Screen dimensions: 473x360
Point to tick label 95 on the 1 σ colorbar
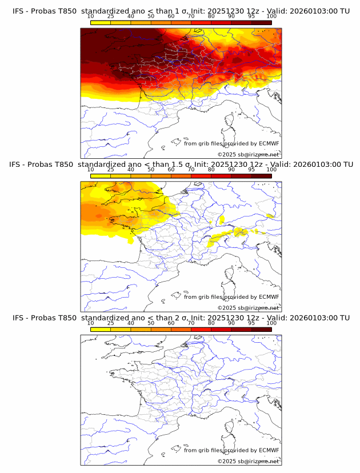pos(251,17)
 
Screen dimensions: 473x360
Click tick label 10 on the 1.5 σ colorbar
pos(91,170)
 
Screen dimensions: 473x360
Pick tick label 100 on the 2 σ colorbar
pos(271,323)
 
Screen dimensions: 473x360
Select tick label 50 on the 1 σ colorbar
pos(151,17)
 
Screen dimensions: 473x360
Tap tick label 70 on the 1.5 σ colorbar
pos(191,170)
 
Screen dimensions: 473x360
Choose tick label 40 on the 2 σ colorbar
pos(131,323)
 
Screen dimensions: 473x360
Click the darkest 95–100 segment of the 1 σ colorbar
pos(261,22)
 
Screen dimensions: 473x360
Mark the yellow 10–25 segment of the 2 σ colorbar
pos(101,328)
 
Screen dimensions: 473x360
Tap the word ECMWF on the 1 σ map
pos(269,144)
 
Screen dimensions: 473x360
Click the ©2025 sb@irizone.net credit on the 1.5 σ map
pos(248,308)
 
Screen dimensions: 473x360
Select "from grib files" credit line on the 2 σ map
pos(203,450)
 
